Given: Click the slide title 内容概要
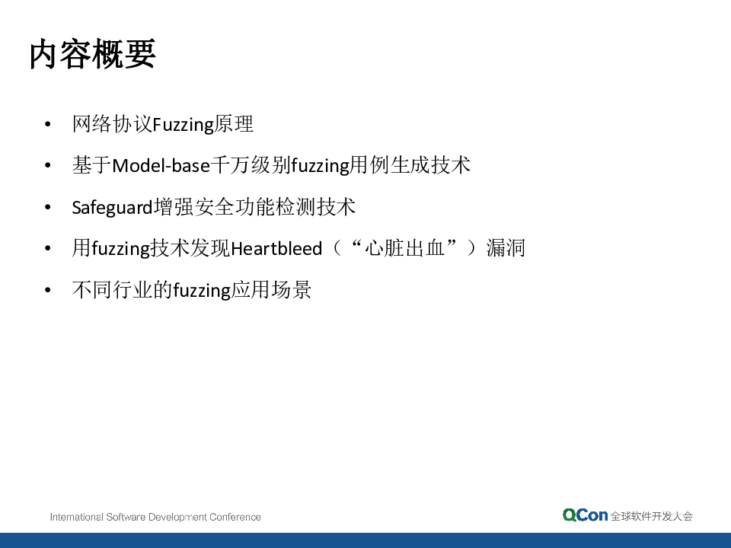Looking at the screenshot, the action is [92, 54].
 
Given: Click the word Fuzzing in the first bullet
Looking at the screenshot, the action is [184, 125].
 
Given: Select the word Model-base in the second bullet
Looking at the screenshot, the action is [161, 165].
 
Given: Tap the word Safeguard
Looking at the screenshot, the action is [113, 207].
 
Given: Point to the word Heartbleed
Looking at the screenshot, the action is [276, 248].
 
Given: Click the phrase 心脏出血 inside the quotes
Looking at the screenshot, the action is [404, 248].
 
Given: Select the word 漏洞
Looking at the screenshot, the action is [506, 248].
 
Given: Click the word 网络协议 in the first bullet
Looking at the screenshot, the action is [113, 124].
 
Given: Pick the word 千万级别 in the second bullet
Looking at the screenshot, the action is [251, 165].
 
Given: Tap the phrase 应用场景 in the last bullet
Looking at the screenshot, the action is [271, 290].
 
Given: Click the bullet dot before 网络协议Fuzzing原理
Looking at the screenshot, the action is [47, 124].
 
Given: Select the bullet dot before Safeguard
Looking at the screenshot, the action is [47, 207].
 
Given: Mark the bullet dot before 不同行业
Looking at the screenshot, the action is [47, 290].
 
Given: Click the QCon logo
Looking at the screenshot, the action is [585, 515].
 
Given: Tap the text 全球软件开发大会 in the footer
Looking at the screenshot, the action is [652, 516].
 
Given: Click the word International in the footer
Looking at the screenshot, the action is [76, 517].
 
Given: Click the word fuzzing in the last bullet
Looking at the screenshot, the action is [202, 291].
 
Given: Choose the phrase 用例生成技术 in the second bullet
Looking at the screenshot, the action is [410, 165].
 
